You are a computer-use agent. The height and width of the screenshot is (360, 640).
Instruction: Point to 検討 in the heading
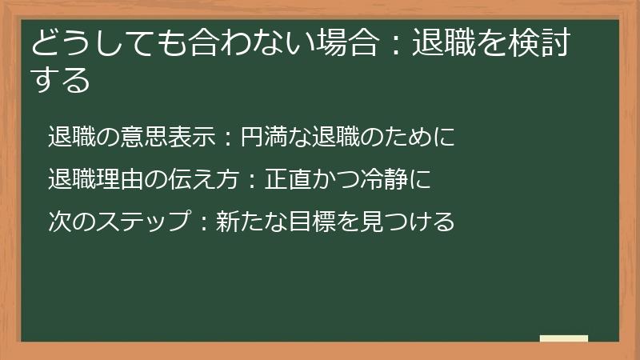coord(539,46)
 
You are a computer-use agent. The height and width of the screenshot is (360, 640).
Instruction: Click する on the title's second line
coord(61,80)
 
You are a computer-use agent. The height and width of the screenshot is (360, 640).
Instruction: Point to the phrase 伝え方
coord(204,178)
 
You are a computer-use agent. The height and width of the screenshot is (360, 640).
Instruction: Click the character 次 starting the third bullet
coord(58,220)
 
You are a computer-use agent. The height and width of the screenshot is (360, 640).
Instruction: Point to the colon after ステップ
coord(203,220)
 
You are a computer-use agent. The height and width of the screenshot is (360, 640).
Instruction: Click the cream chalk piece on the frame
coord(563,338)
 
